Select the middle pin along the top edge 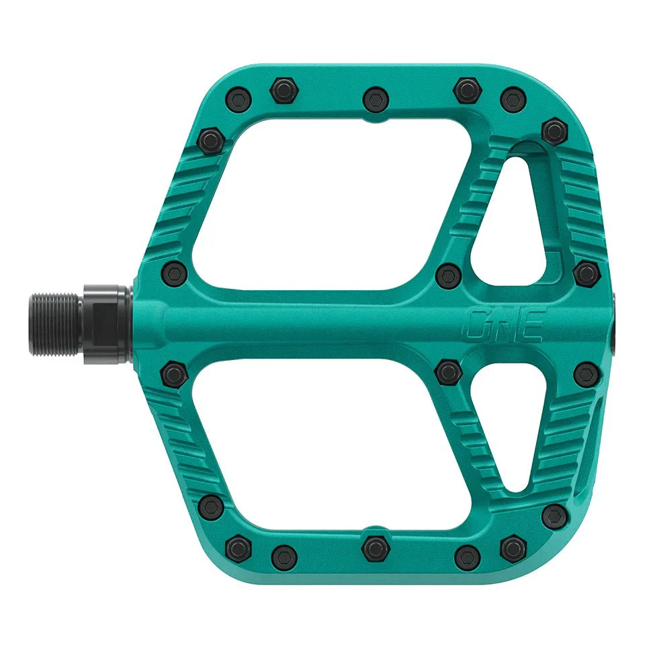coord(376,99)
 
